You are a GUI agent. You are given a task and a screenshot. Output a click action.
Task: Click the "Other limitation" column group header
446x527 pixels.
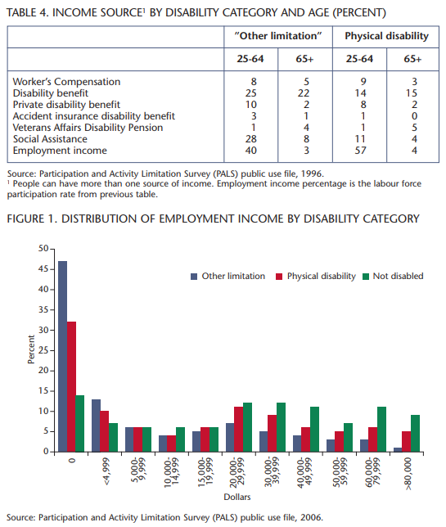point(278,36)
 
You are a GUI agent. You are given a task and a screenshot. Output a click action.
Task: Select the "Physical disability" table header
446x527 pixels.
point(386,36)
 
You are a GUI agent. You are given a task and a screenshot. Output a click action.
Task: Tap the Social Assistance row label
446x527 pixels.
point(50,139)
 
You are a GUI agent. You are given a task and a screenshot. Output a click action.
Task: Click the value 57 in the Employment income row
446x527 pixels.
point(360,151)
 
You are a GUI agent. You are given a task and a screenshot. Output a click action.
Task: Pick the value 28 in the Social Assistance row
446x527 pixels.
point(251,139)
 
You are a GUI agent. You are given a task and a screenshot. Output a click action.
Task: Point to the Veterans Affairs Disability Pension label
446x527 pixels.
point(88,128)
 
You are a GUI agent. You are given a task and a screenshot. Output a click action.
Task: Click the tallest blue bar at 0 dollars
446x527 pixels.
point(62,356)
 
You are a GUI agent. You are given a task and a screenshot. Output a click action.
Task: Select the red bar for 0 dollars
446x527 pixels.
point(71,386)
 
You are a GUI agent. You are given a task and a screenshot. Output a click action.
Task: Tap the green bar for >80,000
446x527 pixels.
point(415,433)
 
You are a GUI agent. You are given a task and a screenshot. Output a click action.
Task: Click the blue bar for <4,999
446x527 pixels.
point(96,426)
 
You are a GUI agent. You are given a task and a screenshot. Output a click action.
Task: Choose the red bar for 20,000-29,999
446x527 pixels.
point(239,429)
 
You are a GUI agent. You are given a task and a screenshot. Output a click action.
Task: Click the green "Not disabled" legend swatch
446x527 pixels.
point(366,277)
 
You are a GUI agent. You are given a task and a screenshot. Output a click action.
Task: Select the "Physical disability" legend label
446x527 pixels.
point(322,276)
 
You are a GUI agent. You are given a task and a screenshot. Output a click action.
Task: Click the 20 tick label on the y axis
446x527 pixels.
point(43,371)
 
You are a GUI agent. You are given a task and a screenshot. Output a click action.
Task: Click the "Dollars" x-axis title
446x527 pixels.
point(237,497)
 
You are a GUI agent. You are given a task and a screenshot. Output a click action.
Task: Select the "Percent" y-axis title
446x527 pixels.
point(31,349)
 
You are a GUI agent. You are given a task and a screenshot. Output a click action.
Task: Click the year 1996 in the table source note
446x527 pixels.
point(312,173)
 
